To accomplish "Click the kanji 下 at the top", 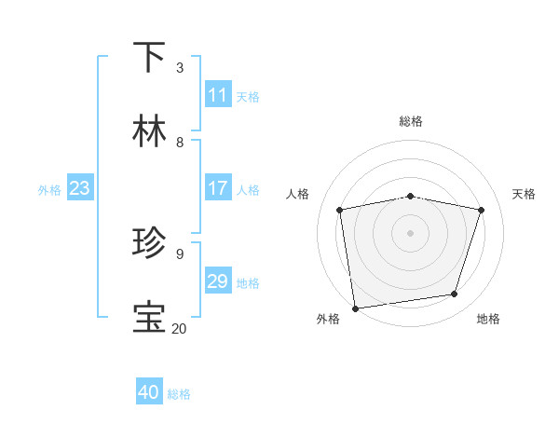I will (149, 58).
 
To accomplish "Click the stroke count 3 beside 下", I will (180, 67).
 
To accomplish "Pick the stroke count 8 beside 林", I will (180, 142).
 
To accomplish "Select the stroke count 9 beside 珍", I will (180, 253).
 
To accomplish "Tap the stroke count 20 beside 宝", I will (180, 328).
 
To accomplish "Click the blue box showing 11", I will (217, 95).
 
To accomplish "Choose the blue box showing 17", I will (217, 188).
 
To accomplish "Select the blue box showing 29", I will (217, 281).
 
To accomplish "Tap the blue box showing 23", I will (79, 188).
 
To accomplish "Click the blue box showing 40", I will (149, 393).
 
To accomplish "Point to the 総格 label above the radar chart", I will (411, 121).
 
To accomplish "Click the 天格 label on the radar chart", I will (524, 194).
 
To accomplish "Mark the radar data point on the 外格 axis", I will (355, 308).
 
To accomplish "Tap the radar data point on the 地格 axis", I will (455, 294).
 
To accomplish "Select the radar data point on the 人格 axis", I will (340, 210).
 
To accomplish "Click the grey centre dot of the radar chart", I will (411, 232).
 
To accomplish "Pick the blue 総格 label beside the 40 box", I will (179, 394).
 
